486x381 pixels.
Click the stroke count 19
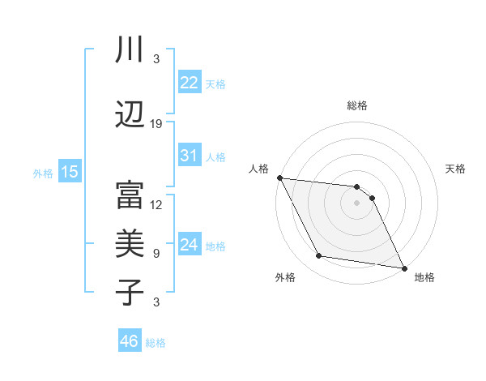click(x=156, y=124)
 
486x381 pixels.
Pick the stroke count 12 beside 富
click(x=156, y=205)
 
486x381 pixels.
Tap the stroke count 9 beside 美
click(x=156, y=253)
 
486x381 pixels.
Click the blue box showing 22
click(x=189, y=82)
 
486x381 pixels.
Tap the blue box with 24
click(x=189, y=244)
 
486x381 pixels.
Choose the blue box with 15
click(x=69, y=171)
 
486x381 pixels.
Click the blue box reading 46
click(x=129, y=341)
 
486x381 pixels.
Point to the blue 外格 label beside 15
click(x=42, y=173)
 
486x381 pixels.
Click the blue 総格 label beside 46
click(x=156, y=343)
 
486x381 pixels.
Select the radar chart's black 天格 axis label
click(x=456, y=169)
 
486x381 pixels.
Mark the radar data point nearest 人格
click(x=279, y=178)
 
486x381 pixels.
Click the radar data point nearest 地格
click(x=403, y=268)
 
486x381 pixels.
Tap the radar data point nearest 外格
click(x=319, y=256)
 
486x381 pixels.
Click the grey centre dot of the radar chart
click(x=356, y=203)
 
